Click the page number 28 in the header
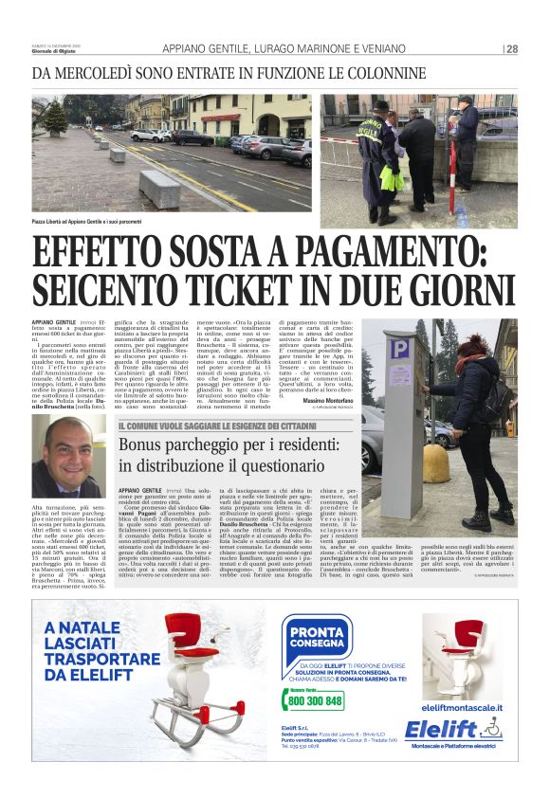tap(512, 49)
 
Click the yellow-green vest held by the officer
tap(392, 179)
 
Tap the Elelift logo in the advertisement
tap(453, 730)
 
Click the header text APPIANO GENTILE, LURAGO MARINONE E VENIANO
tap(284, 49)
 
